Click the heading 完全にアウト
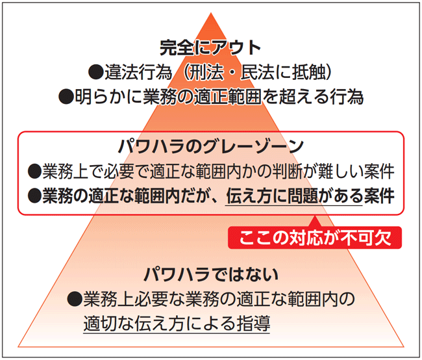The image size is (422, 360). (210, 48)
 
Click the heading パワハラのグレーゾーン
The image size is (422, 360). (211, 147)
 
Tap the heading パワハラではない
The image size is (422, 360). (211, 274)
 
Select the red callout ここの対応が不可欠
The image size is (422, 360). (315, 238)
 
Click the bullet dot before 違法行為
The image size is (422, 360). (96, 72)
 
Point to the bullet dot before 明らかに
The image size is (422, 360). (66, 97)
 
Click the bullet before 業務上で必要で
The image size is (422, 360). (35, 172)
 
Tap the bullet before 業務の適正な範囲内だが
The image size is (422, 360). (35, 196)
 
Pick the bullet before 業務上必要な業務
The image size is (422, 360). (75, 299)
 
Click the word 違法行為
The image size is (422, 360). (138, 72)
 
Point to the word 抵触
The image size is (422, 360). (309, 72)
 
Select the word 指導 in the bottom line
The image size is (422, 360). (253, 324)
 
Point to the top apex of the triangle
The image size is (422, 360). (211, 12)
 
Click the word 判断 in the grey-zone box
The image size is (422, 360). (288, 172)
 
